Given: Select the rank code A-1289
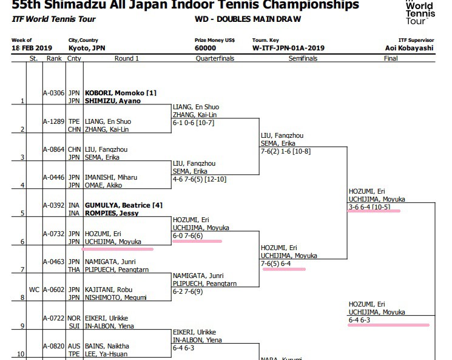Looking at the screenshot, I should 53,121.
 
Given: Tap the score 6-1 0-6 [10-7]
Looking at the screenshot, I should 193,123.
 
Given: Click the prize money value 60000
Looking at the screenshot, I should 205,48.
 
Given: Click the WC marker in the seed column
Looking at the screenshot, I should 34,290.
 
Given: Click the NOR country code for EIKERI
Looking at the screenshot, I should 74,318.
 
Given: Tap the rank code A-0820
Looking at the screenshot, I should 53,346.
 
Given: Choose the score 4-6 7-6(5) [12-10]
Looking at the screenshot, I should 200,179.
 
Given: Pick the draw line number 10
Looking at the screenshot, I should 21,354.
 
